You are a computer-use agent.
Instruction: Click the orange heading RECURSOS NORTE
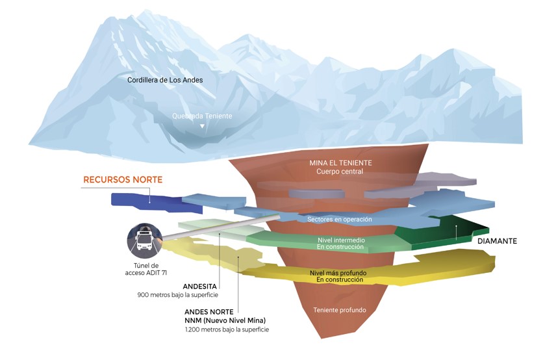122,179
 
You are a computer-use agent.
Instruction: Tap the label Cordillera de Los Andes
165,80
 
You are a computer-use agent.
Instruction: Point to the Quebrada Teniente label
202,116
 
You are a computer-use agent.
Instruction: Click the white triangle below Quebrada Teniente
202,126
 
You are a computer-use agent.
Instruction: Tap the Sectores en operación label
340,220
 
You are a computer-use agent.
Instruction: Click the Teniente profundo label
339,310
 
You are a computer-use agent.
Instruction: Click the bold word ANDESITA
201,285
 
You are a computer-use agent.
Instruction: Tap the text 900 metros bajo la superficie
177,295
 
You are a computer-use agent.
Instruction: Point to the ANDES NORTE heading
208,311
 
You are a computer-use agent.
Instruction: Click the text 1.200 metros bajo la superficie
227,330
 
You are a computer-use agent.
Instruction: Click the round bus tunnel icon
145,238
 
